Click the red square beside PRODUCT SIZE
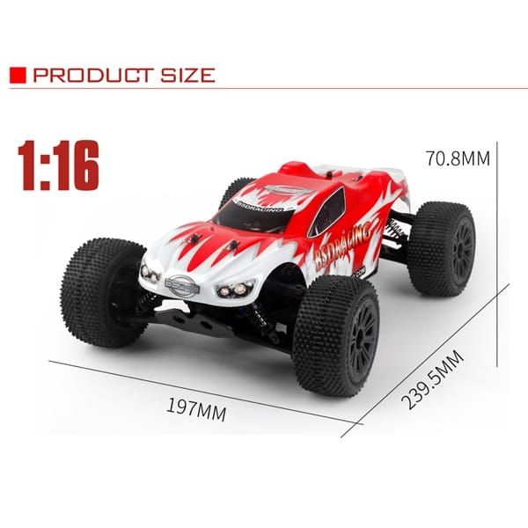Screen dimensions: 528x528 (x=18, y=75)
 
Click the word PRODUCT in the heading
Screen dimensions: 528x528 (x=93, y=75)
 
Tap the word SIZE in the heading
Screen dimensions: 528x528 (x=187, y=75)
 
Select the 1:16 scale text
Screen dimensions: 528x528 (x=59, y=165)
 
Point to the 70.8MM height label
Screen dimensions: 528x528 (x=458, y=158)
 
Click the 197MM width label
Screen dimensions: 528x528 (x=196, y=409)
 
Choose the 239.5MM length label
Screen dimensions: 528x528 (x=432, y=379)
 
